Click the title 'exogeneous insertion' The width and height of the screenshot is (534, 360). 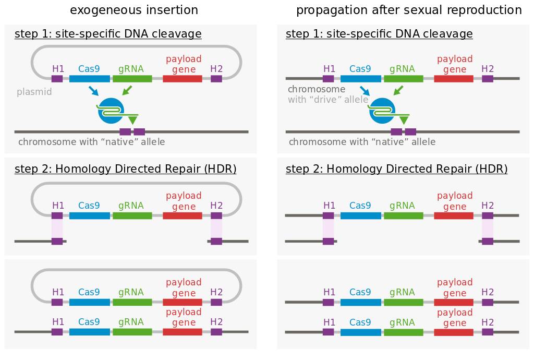tap(134, 10)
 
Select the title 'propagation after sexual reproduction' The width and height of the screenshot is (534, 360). tap(409, 10)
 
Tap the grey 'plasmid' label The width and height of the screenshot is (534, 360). tap(34, 92)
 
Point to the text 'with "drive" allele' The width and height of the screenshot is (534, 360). tap(328, 100)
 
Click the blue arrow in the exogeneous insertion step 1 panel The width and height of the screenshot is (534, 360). tap(93, 91)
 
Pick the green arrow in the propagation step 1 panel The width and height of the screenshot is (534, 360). tap(398, 91)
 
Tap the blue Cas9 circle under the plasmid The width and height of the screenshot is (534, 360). tap(111, 111)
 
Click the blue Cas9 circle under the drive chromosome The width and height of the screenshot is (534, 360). tap(381, 111)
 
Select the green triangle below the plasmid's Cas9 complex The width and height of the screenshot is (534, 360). tap(133, 119)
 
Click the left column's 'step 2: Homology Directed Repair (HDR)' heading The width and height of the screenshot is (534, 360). tap(125, 169)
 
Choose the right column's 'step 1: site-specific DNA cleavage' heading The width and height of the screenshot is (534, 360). tap(379, 34)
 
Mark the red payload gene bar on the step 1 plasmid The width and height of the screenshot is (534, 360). tap(183, 79)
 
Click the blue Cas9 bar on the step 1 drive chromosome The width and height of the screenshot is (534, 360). tap(361, 79)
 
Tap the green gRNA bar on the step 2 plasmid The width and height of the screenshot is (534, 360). tap(132, 215)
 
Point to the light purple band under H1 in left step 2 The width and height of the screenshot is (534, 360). tap(57, 229)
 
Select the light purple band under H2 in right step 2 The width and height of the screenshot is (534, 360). tap(488, 229)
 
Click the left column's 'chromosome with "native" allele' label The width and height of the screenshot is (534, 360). tap(92, 142)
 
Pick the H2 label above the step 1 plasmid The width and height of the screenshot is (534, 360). tap(216, 69)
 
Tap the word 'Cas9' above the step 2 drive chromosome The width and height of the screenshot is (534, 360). tap(360, 206)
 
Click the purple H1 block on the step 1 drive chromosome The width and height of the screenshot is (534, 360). tap(329, 79)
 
